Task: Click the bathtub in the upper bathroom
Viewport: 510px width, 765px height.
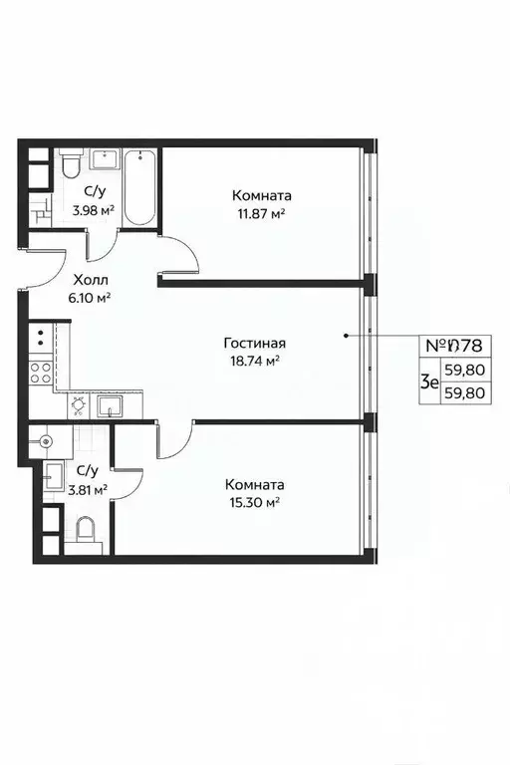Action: tap(140, 188)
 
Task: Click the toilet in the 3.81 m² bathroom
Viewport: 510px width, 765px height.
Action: tap(87, 531)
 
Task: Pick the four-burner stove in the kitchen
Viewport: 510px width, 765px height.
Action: tap(42, 373)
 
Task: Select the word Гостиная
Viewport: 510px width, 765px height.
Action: tap(250, 344)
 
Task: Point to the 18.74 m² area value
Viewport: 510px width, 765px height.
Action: tap(250, 362)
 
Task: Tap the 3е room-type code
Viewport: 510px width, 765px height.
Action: tap(429, 381)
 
